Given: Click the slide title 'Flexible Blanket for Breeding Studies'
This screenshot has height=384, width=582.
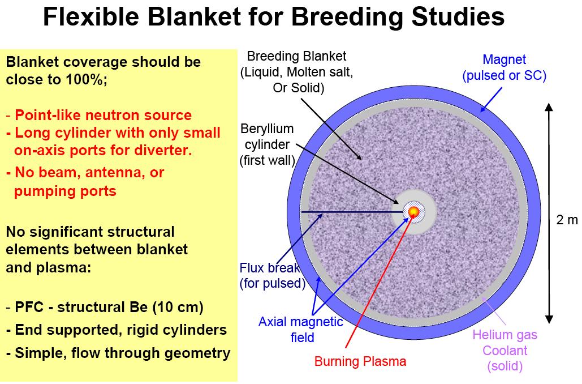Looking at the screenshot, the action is [x=274, y=17].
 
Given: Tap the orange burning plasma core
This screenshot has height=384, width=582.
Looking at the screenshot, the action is [x=413, y=212].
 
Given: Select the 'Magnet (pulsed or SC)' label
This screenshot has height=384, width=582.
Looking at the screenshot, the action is [x=504, y=67].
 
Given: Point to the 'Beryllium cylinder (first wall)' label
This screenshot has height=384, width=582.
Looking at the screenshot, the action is [x=267, y=144].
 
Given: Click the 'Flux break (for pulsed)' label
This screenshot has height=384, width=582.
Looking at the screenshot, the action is [x=272, y=275].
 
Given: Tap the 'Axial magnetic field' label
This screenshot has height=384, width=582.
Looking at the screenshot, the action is [x=301, y=330].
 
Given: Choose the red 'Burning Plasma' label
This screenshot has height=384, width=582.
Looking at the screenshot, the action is [x=360, y=361].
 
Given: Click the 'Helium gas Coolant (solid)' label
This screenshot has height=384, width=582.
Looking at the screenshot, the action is [x=505, y=351].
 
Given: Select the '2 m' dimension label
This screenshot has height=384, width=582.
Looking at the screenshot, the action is [x=567, y=220].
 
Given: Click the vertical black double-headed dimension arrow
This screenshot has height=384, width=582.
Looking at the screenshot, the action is [x=549, y=213].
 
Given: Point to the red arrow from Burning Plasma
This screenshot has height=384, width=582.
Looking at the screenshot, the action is [x=377, y=282].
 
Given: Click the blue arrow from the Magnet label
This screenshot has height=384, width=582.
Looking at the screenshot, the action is [x=491, y=100].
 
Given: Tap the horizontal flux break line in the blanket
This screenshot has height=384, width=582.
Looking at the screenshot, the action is [x=352, y=212].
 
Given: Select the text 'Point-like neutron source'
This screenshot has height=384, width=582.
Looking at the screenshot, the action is [x=103, y=115].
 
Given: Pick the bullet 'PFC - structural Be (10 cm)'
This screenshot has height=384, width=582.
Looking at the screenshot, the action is [x=105, y=307].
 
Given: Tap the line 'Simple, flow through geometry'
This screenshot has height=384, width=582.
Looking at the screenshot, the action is [x=118, y=353].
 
